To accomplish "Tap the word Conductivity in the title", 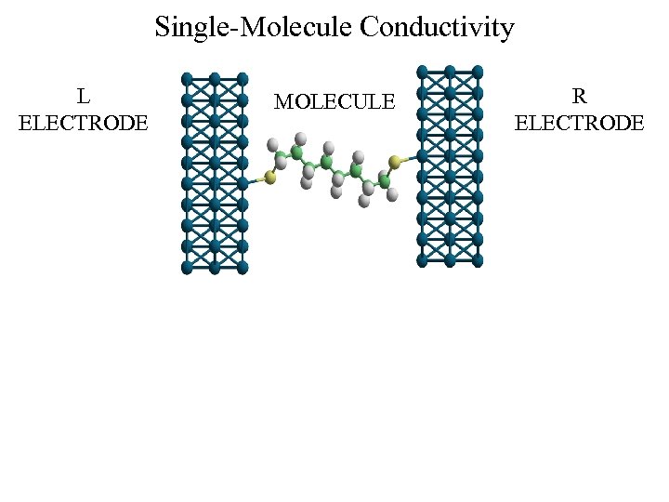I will [x=437, y=27].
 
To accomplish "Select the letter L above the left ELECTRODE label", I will [x=84, y=96].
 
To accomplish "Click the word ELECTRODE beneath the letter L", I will [x=84, y=123].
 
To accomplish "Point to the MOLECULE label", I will [x=334, y=101].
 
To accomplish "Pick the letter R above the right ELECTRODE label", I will [x=579, y=96].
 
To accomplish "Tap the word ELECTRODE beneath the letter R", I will [x=579, y=123].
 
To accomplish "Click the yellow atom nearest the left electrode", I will [x=270, y=177].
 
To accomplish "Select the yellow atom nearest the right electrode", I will [x=395, y=163].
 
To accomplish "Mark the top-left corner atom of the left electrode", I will [x=187, y=78].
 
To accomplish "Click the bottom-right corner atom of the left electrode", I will [x=243, y=268].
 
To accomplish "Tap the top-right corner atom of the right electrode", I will [x=478, y=72].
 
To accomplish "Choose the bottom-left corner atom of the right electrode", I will [x=422, y=261].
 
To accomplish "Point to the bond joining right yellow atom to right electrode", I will [x=409, y=159].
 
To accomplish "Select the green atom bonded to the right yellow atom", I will [x=384, y=179].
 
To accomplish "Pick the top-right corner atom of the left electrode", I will [x=243, y=78].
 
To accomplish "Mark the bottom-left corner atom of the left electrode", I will [x=187, y=268].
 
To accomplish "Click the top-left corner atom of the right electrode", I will [x=422, y=72].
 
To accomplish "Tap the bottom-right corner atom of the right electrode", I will [x=478, y=261].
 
